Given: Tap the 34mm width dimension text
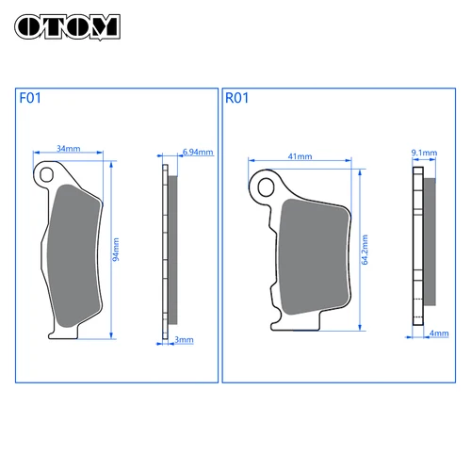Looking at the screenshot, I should coord(69,148).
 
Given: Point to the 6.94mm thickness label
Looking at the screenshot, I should coord(197,152).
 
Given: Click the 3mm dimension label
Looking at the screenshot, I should coord(185,339).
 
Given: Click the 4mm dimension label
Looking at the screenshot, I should coord(438,333).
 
